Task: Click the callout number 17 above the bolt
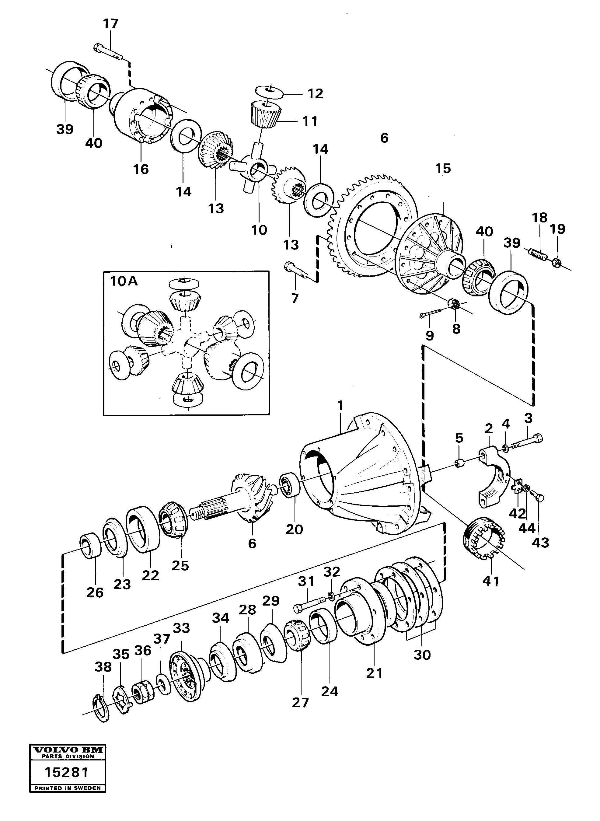point(110,24)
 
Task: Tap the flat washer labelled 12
point(269,90)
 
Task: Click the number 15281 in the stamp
point(67,782)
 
